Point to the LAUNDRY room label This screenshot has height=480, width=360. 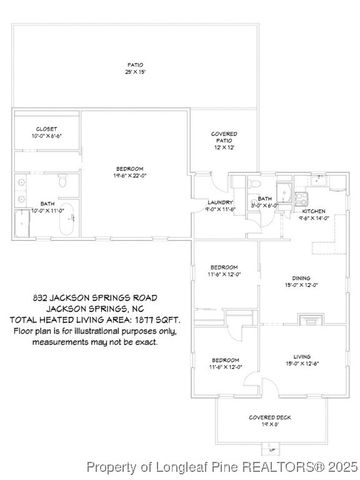220,203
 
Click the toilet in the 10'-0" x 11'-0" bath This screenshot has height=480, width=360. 62,183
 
